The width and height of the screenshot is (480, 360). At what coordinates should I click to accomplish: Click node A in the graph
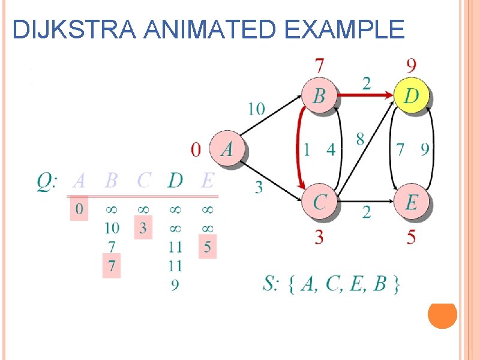pyautogui.click(x=227, y=148)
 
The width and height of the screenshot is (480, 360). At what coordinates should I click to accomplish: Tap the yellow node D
pyautogui.click(x=412, y=95)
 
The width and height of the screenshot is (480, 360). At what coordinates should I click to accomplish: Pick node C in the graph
pyautogui.click(x=319, y=202)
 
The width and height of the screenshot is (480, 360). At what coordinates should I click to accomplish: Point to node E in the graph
pyautogui.click(x=411, y=202)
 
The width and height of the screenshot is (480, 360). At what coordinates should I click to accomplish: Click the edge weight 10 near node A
pyautogui.click(x=256, y=109)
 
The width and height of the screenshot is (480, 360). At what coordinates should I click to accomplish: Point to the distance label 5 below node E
pyautogui.click(x=411, y=238)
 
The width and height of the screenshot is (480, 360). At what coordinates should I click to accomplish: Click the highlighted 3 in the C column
pyautogui.click(x=143, y=228)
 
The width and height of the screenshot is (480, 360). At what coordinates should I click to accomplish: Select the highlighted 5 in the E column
pyautogui.click(x=207, y=247)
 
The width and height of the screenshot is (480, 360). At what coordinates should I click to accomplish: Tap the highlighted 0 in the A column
pyautogui.click(x=79, y=209)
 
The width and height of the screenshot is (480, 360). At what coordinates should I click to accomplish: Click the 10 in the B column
pyautogui.click(x=112, y=228)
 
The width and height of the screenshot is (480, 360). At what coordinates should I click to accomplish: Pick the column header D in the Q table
pyautogui.click(x=175, y=179)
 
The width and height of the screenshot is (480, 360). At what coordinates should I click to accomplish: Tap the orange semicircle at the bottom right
pyautogui.click(x=443, y=316)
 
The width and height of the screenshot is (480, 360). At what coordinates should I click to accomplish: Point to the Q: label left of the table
pyautogui.click(x=47, y=180)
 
